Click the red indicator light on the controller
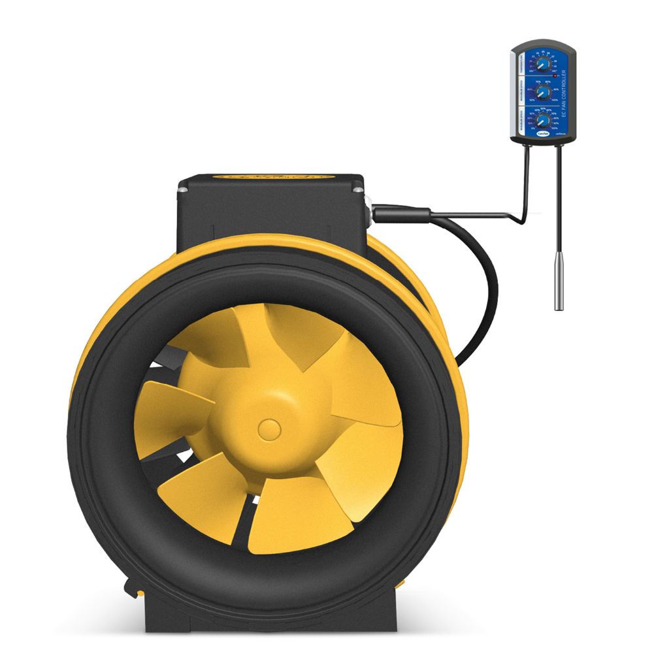coord(555,76)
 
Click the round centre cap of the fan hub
coord(269,429)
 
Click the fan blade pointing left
coord(167,408)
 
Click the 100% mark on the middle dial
coord(555,100)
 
